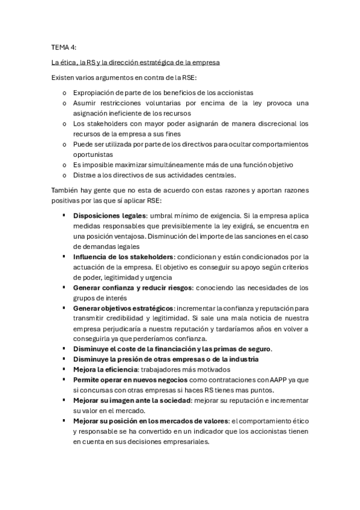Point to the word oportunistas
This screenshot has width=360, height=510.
94,155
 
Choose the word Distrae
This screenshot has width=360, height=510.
85,175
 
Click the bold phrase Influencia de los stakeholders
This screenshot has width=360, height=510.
123,256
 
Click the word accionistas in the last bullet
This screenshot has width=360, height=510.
274,431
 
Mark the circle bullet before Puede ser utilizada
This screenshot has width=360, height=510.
64,144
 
